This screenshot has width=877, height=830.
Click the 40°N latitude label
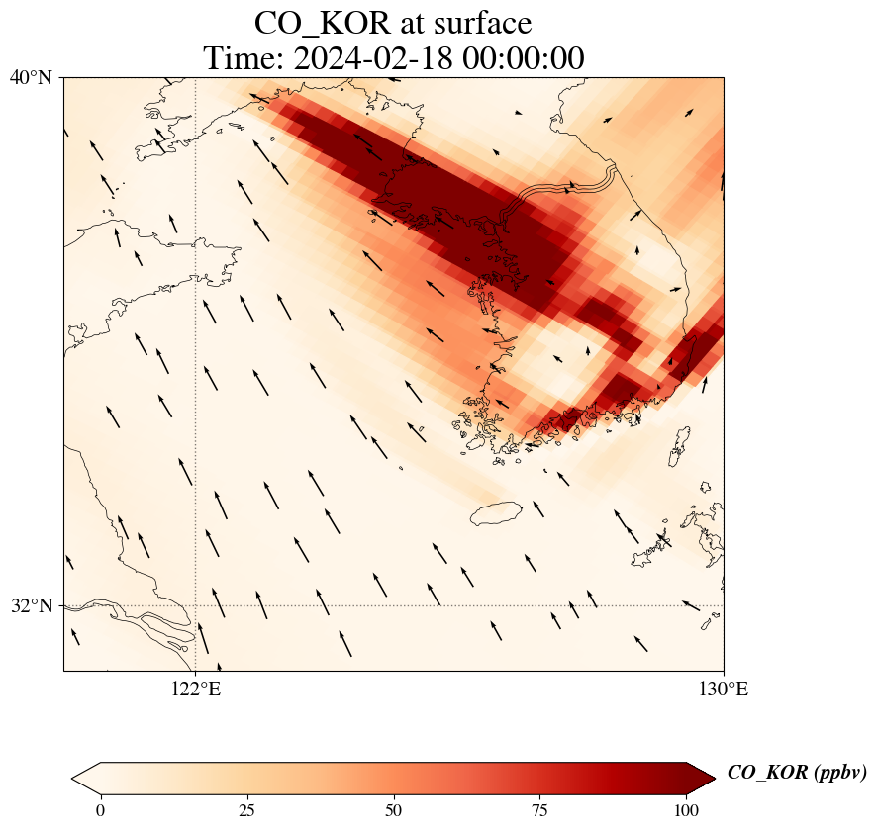click(x=31, y=77)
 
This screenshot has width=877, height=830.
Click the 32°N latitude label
click(x=31, y=605)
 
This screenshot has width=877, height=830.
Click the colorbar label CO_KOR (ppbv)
click(x=797, y=773)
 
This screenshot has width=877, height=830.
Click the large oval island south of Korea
click(x=497, y=513)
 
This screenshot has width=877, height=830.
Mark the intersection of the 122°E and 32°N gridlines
click(x=195, y=605)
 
